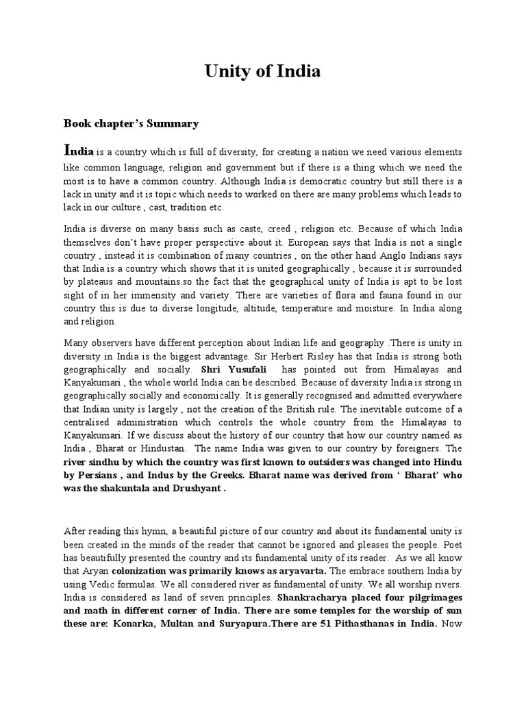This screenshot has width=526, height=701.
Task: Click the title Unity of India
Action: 262,71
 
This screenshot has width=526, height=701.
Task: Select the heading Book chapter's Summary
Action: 131,124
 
